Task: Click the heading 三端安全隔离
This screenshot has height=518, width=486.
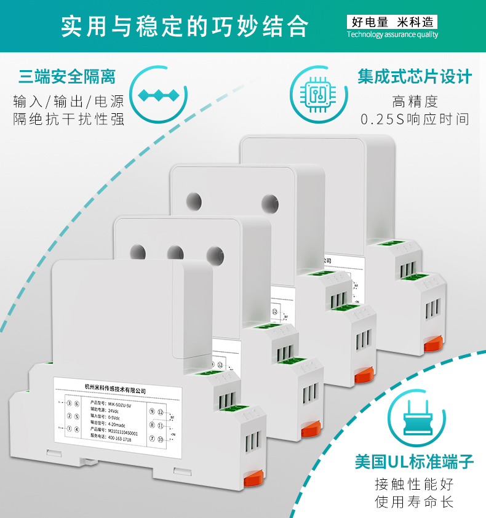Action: pos(67,77)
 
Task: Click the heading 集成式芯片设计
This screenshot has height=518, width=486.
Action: pos(415,76)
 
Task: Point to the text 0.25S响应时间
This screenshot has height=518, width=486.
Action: pos(415,119)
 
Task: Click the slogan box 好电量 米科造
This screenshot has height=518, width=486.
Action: pos(392,22)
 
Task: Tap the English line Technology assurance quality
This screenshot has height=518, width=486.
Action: pos(392,35)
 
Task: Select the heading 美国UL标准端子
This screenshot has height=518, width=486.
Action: pos(415,461)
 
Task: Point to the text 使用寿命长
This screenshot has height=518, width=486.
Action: pos(415,502)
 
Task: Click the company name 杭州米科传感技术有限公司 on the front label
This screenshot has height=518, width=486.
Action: pos(116,389)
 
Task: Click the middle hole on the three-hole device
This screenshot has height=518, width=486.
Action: pos(175,252)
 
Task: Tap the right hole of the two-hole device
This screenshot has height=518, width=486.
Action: pos(269,202)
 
